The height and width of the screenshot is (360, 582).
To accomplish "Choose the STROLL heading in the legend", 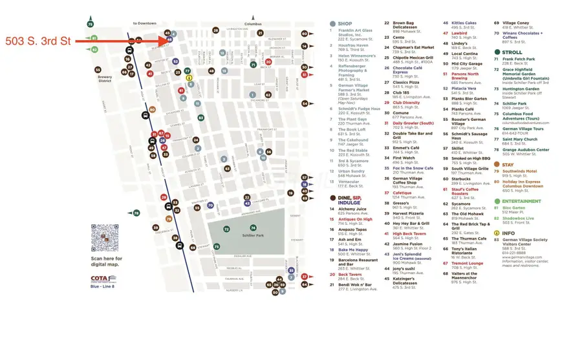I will [x=511, y=52].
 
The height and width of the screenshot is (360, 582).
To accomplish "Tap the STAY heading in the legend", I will [x=508, y=165].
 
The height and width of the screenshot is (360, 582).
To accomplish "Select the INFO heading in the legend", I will [x=508, y=233].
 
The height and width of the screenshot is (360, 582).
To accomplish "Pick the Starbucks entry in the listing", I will [x=460, y=178].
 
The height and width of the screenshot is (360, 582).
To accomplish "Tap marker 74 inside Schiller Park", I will [x=253, y=228].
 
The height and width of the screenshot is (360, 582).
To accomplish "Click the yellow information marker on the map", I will [x=189, y=78].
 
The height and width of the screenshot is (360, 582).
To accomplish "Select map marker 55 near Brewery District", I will [x=98, y=69].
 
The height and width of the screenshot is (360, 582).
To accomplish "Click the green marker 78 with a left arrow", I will [x=136, y=213].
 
